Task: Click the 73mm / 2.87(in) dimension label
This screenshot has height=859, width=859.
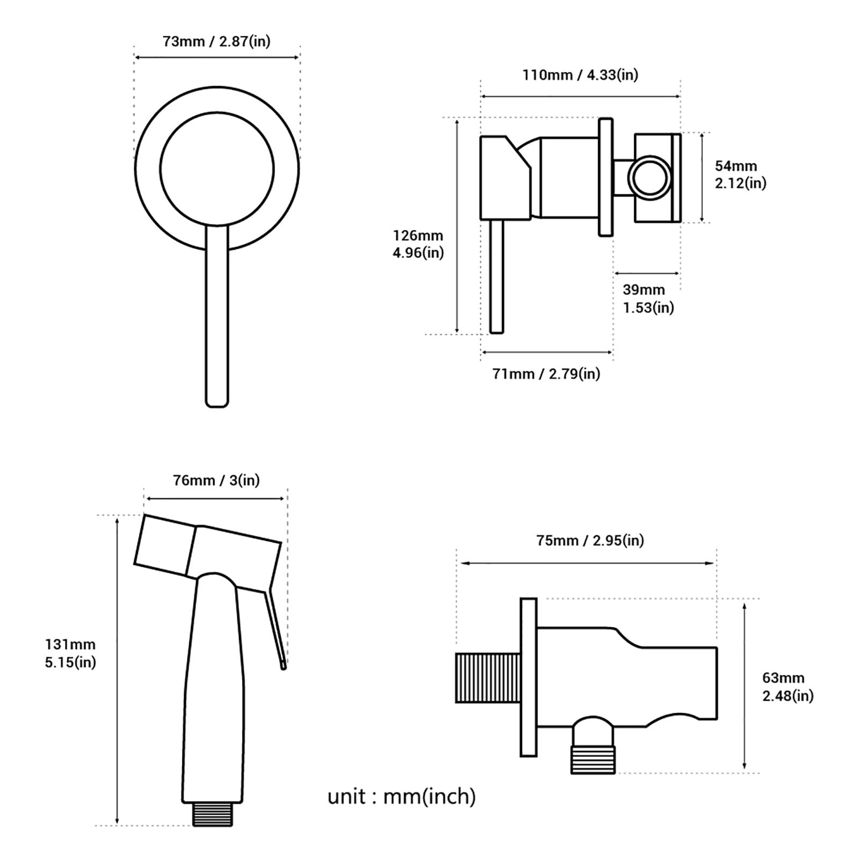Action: [216, 41]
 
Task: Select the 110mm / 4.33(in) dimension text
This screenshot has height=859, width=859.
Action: [580, 75]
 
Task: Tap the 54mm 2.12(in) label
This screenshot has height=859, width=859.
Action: [740, 174]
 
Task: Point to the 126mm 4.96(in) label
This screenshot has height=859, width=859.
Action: [418, 244]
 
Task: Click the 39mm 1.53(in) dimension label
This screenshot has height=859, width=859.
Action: [648, 299]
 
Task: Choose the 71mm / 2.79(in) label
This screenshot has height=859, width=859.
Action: [546, 374]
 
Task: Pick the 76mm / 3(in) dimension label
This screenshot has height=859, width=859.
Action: [216, 480]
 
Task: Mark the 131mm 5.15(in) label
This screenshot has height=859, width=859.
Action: [70, 653]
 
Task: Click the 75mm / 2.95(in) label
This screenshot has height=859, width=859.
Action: [590, 540]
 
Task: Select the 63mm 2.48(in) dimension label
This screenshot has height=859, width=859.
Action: [788, 687]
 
